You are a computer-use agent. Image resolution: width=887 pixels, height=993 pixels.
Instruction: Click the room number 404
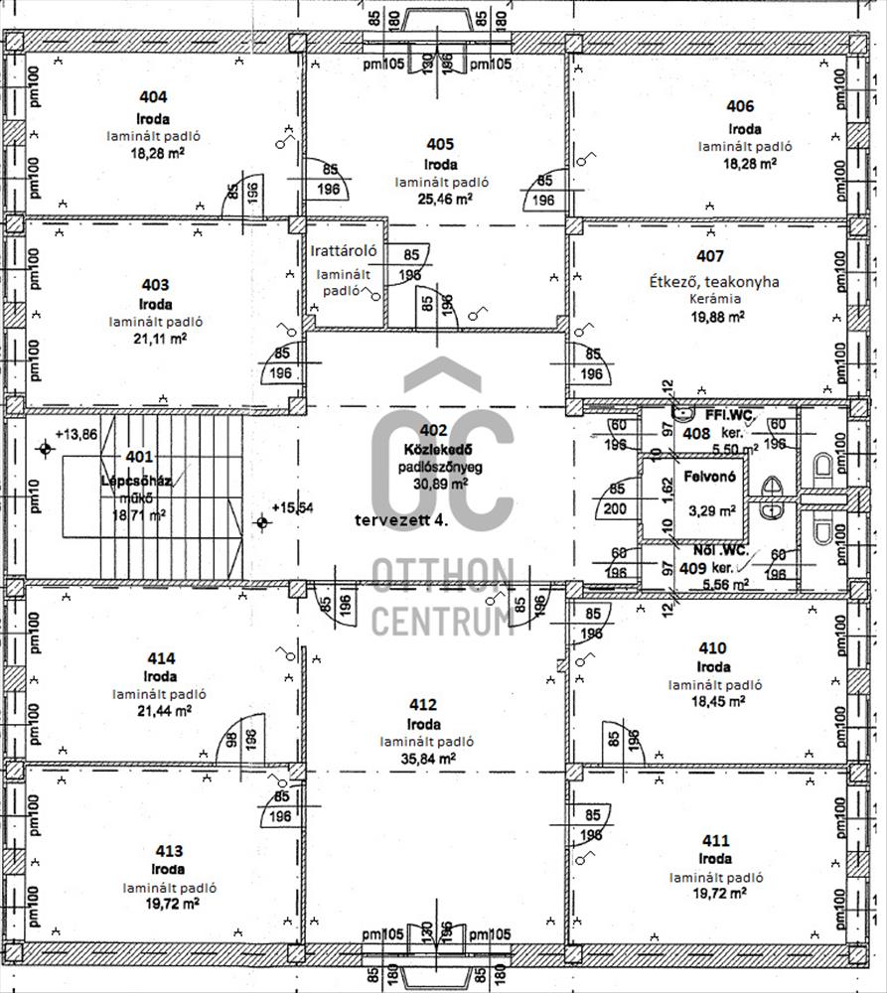[x=153, y=97]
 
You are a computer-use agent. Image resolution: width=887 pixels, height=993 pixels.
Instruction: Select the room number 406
[x=740, y=106]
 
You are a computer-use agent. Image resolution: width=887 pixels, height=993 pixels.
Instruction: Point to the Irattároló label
[x=343, y=250]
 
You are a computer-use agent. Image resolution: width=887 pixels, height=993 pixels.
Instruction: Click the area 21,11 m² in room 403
[x=154, y=338]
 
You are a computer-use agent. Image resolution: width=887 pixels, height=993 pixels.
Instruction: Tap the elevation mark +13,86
[x=75, y=434]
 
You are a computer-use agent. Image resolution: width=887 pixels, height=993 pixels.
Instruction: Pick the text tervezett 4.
[x=400, y=519]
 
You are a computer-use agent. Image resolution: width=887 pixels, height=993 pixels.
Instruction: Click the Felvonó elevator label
[x=706, y=476]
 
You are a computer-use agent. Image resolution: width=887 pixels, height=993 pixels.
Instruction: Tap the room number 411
[x=714, y=840]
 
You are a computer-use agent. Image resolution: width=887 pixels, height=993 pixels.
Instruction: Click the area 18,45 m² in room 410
[x=714, y=701]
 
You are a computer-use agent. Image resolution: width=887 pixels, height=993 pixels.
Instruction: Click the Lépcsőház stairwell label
[x=137, y=482]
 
